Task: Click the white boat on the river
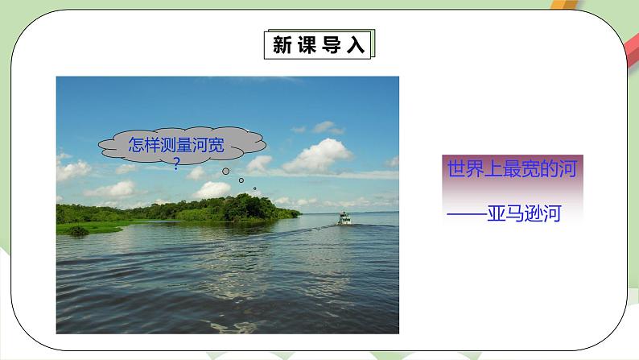(x=344, y=218)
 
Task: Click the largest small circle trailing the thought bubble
(x=227, y=171)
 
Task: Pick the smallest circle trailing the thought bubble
(x=254, y=189)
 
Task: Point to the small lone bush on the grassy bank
(x=77, y=230)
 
